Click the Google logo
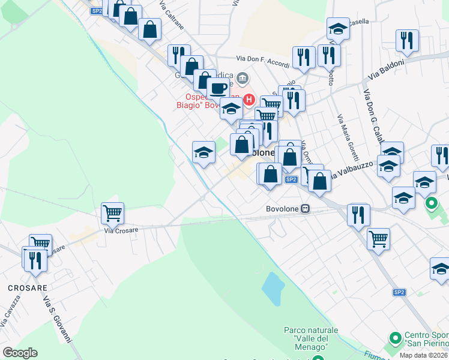(x=20, y=353)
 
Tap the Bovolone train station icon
(x=306, y=209)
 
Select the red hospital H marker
(x=250, y=100)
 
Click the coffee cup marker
(x=218, y=89)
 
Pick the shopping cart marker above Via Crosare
(x=113, y=213)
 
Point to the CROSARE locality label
(x=28, y=288)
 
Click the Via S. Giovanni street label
(x=58, y=319)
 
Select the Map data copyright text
(x=424, y=355)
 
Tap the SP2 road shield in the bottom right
(x=399, y=292)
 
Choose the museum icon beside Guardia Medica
(x=243, y=77)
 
